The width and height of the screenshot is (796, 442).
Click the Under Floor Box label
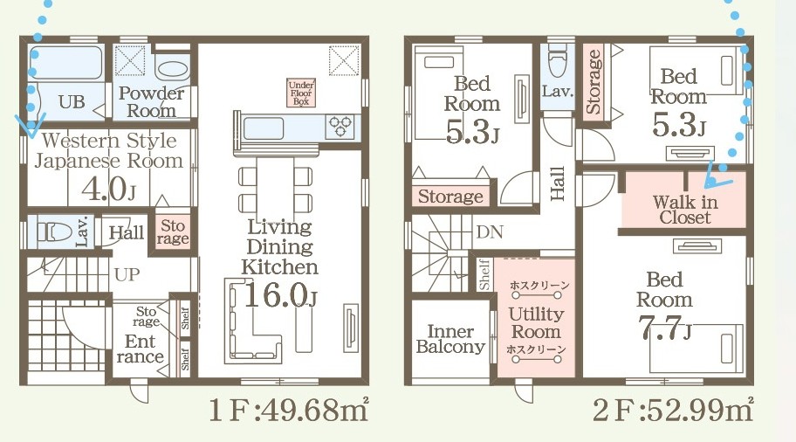click(x=301, y=93)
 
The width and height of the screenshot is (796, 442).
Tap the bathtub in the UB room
click(x=65, y=63)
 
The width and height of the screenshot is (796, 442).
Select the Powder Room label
click(x=151, y=101)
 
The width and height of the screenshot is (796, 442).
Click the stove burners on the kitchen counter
click(x=340, y=127)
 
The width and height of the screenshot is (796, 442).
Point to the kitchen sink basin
click(x=264, y=128)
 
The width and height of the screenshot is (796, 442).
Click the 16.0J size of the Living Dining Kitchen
click(x=280, y=295)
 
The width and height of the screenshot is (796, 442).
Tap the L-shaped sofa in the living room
click(x=253, y=321)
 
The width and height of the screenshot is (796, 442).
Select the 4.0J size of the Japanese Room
click(x=108, y=189)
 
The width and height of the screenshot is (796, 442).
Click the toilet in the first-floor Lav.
click(x=54, y=232)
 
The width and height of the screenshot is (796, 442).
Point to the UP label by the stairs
click(x=127, y=275)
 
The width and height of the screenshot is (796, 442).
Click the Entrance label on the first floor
click(x=141, y=349)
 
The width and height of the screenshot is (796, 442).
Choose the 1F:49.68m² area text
click(x=288, y=410)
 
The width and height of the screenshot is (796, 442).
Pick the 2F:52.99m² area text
click(x=673, y=410)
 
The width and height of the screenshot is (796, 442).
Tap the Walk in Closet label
click(x=685, y=210)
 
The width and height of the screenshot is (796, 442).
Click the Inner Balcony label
click(x=450, y=339)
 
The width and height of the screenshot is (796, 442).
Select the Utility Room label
click(x=536, y=322)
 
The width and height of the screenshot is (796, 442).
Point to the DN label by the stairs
click(x=490, y=232)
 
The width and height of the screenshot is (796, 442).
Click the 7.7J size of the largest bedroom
click(x=664, y=328)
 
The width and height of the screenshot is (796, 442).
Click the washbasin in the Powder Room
click(x=172, y=70)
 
